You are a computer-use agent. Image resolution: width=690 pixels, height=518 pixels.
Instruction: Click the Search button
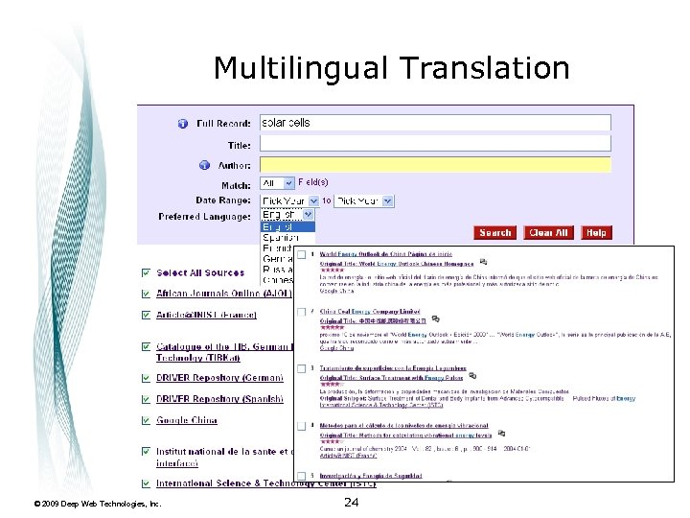(x=495, y=233)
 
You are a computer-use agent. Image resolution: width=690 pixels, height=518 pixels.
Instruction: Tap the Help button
(x=596, y=233)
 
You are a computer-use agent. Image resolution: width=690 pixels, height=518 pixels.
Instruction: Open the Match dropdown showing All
(x=277, y=183)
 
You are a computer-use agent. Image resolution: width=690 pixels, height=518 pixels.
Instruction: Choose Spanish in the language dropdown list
(x=281, y=238)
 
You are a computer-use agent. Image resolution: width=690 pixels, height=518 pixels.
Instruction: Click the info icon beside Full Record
(x=182, y=124)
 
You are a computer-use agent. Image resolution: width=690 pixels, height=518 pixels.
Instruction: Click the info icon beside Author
(x=203, y=165)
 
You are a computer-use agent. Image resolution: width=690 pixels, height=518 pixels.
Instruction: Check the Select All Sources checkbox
(x=145, y=273)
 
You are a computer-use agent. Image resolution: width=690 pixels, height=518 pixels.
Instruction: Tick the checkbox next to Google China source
(x=145, y=421)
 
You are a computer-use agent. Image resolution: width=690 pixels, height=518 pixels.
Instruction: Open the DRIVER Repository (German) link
(x=219, y=378)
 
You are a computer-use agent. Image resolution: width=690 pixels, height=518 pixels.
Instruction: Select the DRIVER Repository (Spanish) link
(x=219, y=399)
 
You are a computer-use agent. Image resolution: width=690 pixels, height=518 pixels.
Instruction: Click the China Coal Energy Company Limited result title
(x=370, y=312)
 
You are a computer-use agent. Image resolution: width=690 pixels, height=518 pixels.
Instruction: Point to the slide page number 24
(x=351, y=502)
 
